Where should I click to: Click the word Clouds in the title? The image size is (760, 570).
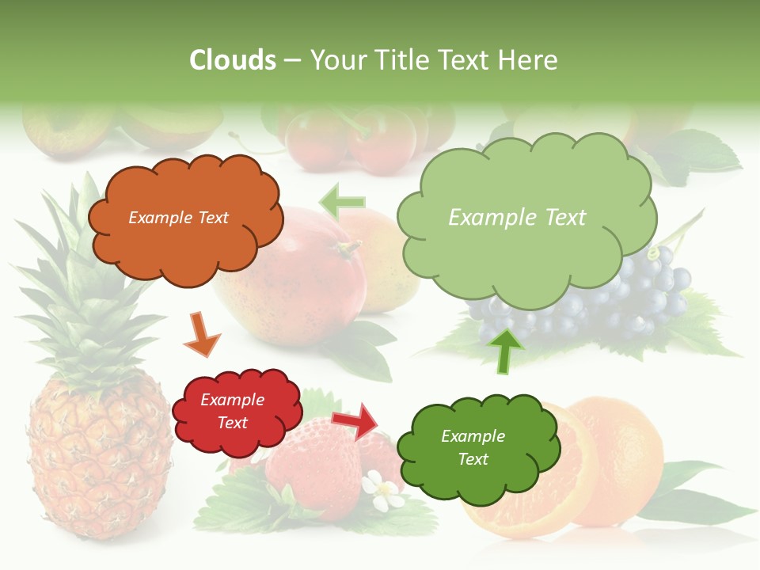(x=233, y=60)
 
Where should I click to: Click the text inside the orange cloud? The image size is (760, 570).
(x=178, y=218)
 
